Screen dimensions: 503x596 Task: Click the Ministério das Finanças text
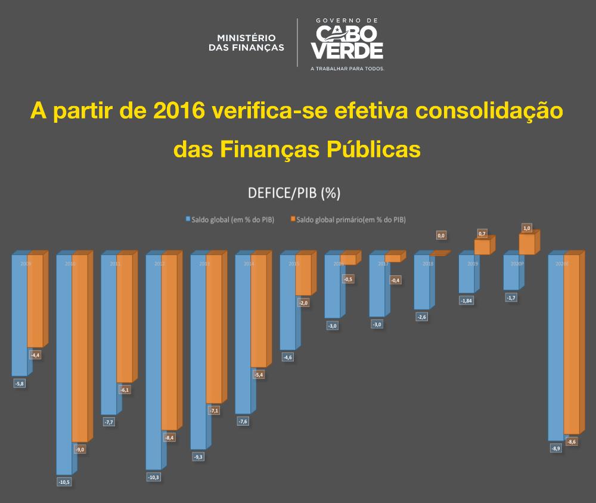point(246,42)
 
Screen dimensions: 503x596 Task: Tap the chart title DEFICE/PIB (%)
point(294,193)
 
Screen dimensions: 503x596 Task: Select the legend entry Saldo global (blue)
point(230,219)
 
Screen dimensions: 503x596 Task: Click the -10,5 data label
point(64,482)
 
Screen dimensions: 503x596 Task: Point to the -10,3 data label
point(153,477)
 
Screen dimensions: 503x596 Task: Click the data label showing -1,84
point(466,300)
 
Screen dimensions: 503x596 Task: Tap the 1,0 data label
point(526,228)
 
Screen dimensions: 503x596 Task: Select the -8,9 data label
point(555,448)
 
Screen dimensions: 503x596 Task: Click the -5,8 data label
point(19,383)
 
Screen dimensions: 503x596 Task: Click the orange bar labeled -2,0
point(303,275)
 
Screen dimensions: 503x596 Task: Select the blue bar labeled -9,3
point(198,352)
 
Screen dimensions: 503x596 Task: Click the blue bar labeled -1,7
point(511,273)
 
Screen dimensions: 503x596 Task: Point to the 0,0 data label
point(442,236)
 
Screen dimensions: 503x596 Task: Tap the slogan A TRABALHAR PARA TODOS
point(347,69)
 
